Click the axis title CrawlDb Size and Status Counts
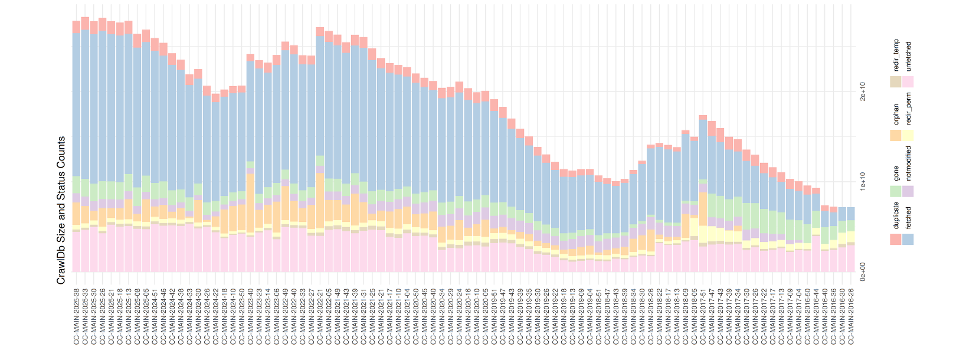pos(61,210)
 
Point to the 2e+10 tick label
pos(863,91)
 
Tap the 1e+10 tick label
pos(863,182)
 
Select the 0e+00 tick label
pos(863,272)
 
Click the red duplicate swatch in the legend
pos(896,239)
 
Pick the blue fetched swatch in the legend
pos(908,239)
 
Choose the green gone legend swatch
pos(896,191)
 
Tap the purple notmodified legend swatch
pos(908,191)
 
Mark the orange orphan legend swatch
pos(896,135)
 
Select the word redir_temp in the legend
pos(896,56)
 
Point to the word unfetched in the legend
pos(908,56)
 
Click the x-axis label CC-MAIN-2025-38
pos(77,316)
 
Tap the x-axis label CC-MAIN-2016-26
pos(851,316)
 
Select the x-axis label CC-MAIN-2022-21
pos(320,316)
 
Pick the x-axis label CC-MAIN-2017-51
pos(703,316)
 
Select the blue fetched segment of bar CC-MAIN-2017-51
pos(703,150)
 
